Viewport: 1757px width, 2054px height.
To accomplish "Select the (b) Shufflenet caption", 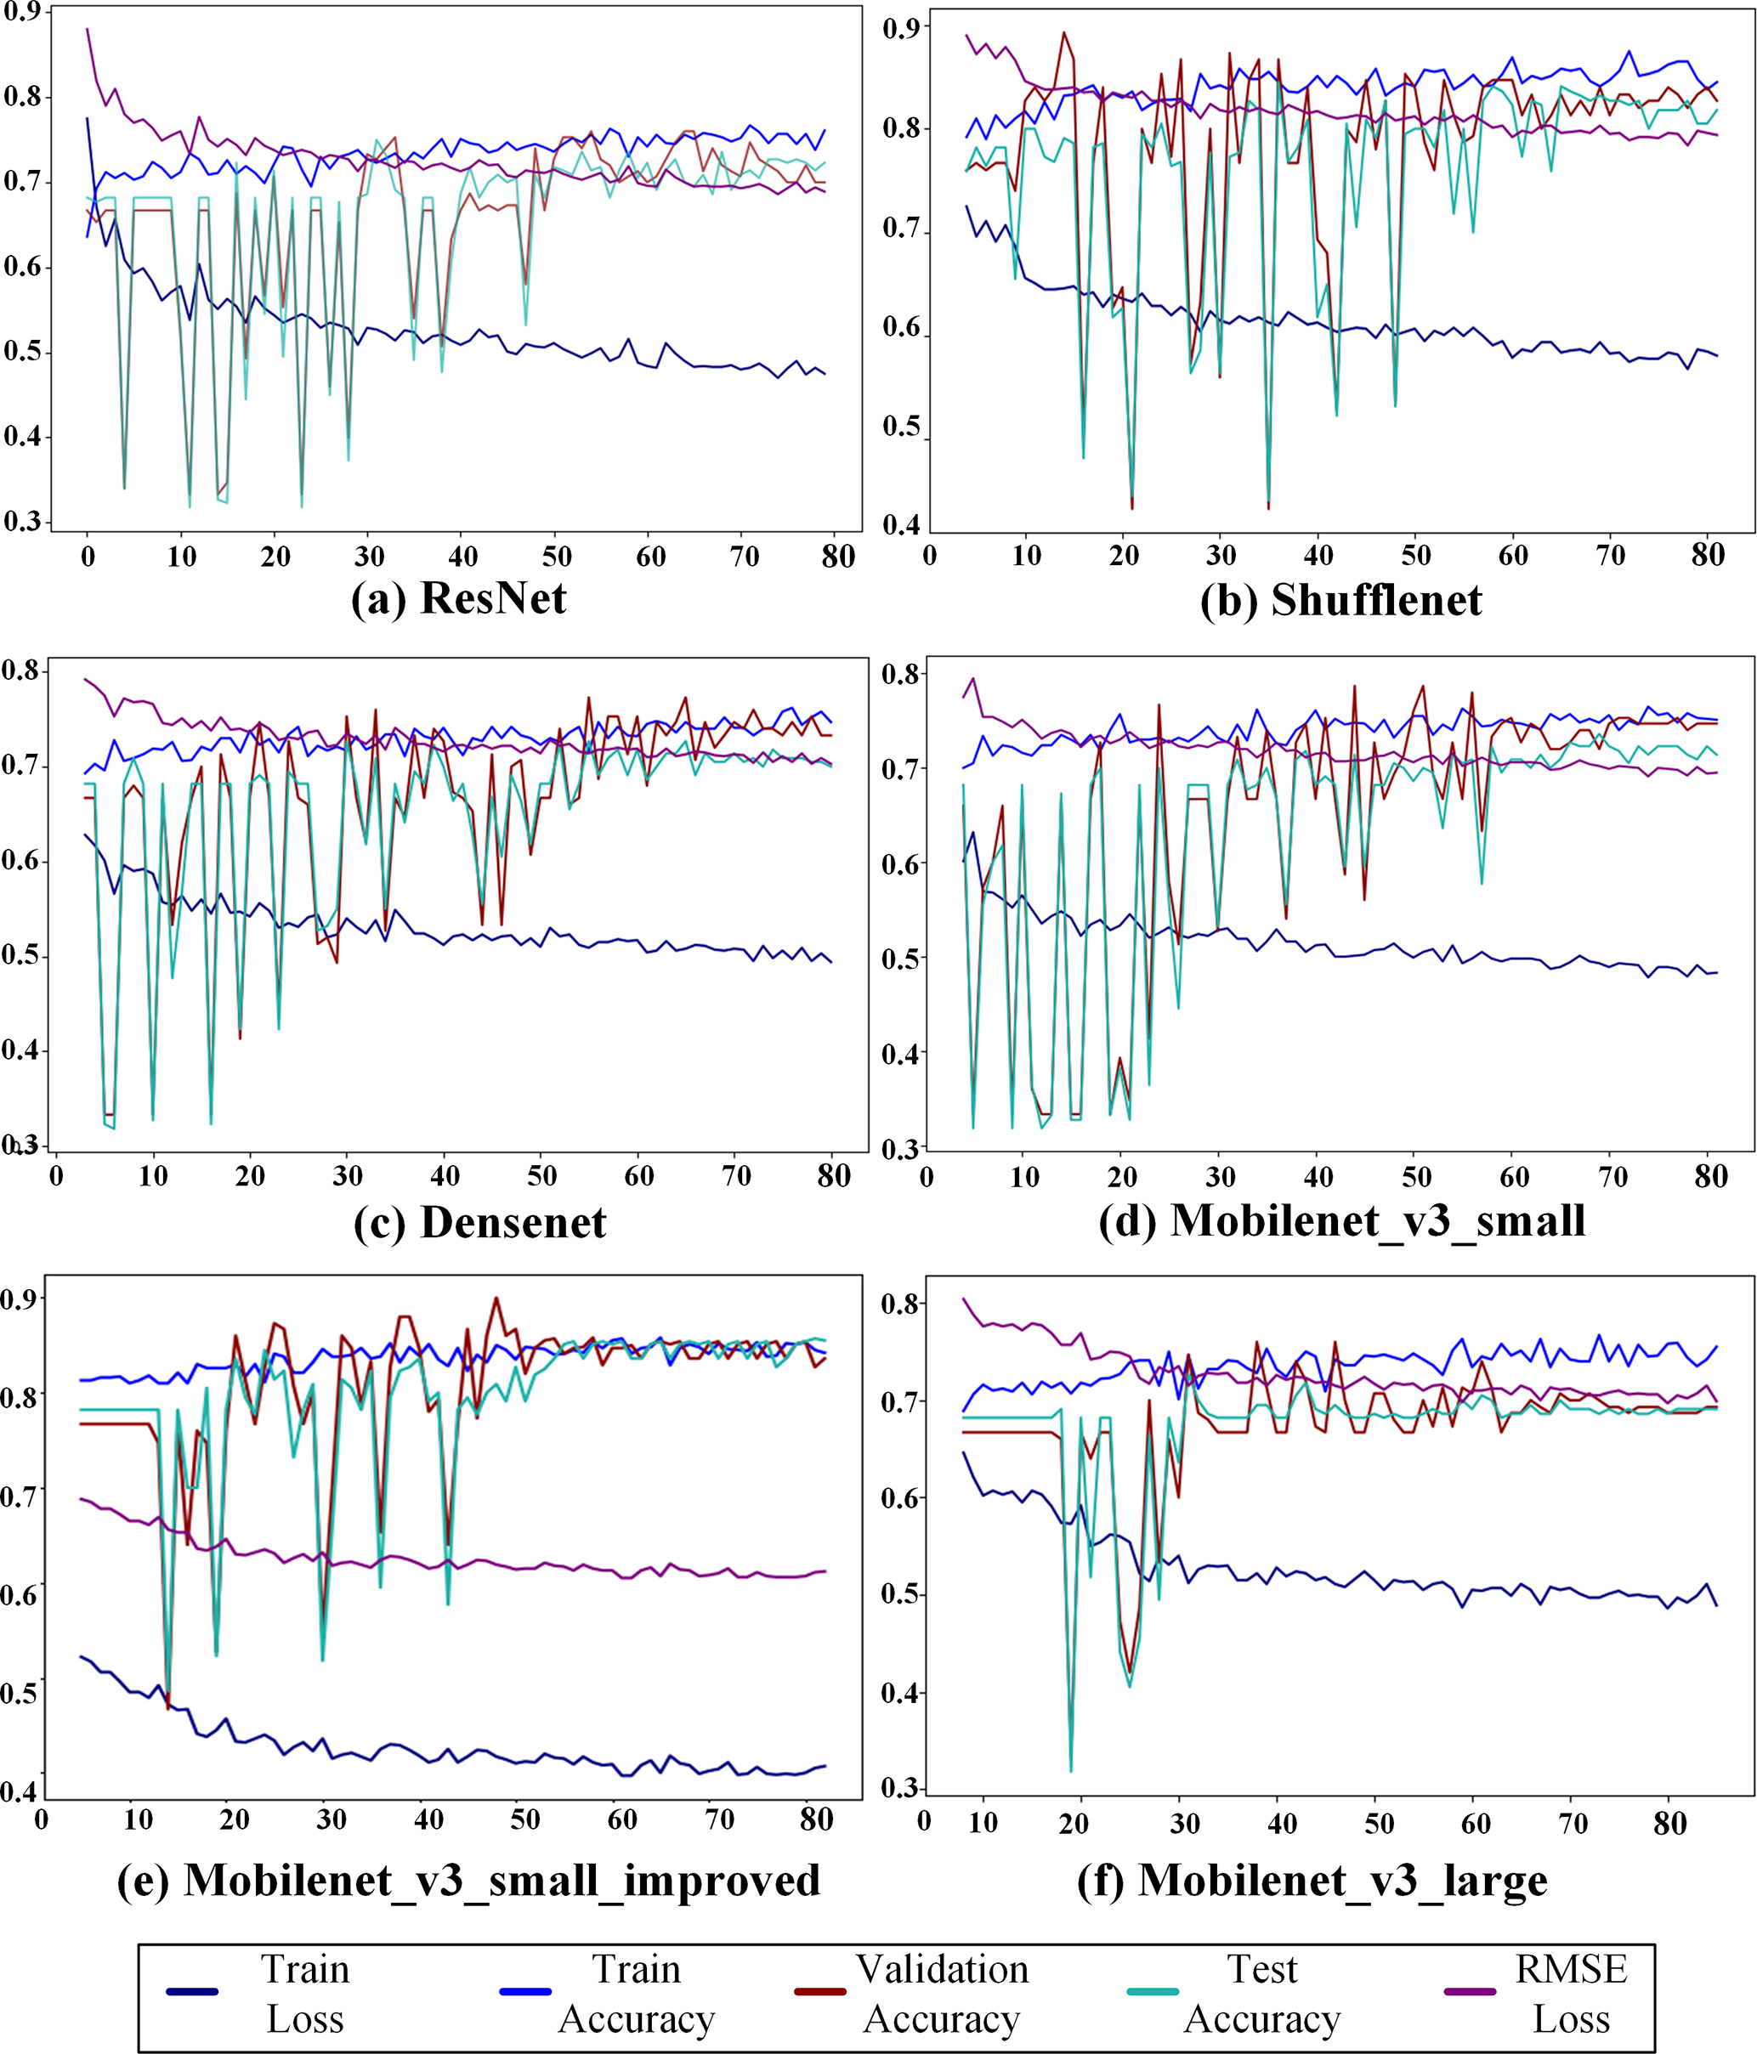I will coord(1340,600).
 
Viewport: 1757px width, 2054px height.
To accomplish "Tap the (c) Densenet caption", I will coord(480,1222).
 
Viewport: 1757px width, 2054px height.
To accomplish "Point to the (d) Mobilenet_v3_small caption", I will coord(1341,1220).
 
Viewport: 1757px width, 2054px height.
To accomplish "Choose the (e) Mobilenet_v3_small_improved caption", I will coord(469,1881).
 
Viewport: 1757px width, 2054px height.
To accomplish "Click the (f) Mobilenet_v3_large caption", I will coord(1312,1881).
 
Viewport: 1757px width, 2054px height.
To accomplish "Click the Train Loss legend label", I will coord(304,1994).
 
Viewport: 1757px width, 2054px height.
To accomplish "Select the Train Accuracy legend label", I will coord(636,1994).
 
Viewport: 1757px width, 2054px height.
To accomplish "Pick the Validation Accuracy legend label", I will coord(941,1994).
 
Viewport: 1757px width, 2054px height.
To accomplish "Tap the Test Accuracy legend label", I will coord(1261,1994).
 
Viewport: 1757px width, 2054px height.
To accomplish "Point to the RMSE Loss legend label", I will coord(1571,1994).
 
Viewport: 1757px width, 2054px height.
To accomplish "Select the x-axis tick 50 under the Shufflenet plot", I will coord(1416,555).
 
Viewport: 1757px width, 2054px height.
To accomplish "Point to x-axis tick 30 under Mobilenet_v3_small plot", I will coord(1220,1178).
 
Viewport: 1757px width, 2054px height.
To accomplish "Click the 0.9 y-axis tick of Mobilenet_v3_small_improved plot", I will coord(19,1299).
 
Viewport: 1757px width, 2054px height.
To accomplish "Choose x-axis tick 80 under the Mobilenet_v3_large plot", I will coord(1669,1824).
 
